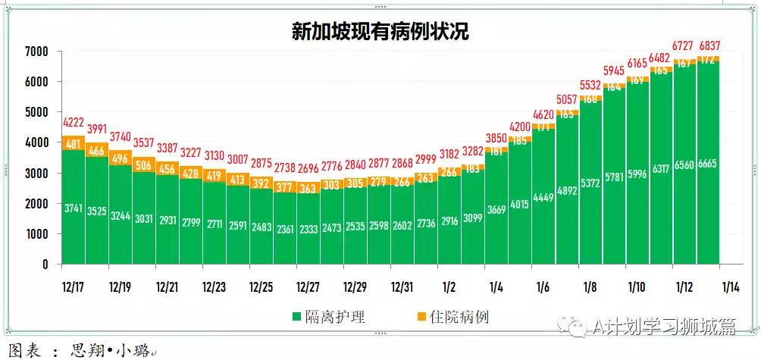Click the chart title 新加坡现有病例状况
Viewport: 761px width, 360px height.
click(380, 31)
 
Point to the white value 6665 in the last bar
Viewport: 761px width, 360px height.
click(708, 164)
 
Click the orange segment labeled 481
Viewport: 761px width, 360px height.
click(74, 143)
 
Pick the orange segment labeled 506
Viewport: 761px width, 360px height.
click(144, 165)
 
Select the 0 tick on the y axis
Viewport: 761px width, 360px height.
click(45, 265)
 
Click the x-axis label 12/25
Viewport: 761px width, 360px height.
click(261, 288)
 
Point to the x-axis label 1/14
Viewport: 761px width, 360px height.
click(731, 288)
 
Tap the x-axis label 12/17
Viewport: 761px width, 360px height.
click(74, 288)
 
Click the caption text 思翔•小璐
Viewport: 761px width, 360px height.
click(110, 352)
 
